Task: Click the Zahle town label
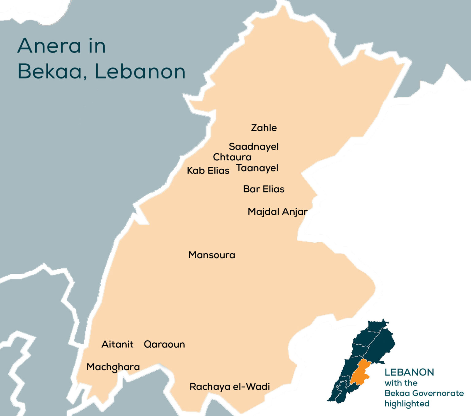click(x=264, y=128)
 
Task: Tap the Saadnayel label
click(x=254, y=147)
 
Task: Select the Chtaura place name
click(x=232, y=157)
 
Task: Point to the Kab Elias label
click(x=208, y=170)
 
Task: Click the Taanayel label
click(x=257, y=168)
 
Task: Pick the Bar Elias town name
click(x=264, y=189)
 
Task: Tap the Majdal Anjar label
click(x=278, y=212)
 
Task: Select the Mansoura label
click(x=212, y=255)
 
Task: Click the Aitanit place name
click(x=117, y=344)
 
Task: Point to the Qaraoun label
click(x=164, y=344)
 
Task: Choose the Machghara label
click(x=113, y=367)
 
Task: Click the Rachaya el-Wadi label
click(x=230, y=387)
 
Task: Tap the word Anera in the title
click(x=49, y=46)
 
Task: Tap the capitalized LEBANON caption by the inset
click(x=409, y=372)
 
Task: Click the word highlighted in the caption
click(x=407, y=404)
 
